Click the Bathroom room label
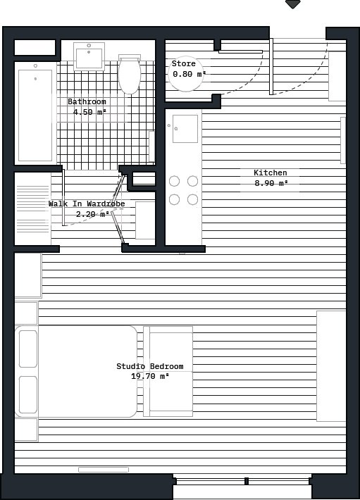tap(87, 102)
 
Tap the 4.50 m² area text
tap(89, 112)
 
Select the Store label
tap(183, 64)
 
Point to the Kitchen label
tap(270, 173)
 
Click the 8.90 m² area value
tap(271, 184)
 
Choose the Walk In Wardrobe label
tap(87, 204)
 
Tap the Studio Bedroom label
tap(149, 367)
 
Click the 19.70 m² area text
tap(149, 377)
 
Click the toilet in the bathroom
tap(130, 75)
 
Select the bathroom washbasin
tap(89, 56)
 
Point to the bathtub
tap(35, 115)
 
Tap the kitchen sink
tap(185, 128)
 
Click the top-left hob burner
tap(174, 182)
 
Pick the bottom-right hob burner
tap(192, 199)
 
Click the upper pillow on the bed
tap(28, 349)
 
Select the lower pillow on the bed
tap(28, 394)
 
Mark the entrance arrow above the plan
tap(292, 4)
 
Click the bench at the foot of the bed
tap(169, 371)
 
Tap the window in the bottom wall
tap(242, 482)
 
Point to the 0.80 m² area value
tap(189, 74)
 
